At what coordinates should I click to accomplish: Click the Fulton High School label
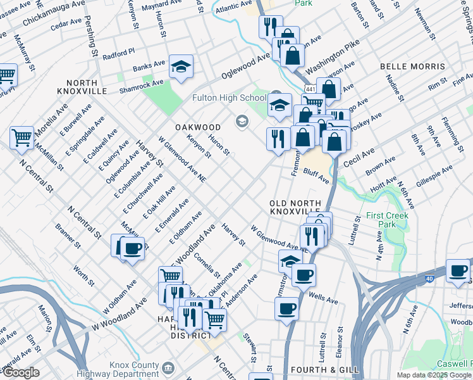pyautogui.click(x=230, y=98)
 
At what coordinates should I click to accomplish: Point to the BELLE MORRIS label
pyautogui.click(x=413, y=66)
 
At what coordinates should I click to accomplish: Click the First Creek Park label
pyautogui.click(x=387, y=220)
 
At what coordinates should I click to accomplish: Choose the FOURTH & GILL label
pyautogui.click(x=324, y=369)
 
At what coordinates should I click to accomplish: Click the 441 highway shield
pyautogui.click(x=309, y=89)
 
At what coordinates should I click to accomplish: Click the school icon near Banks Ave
pyautogui.click(x=181, y=67)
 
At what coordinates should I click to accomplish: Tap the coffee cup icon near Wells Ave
pyautogui.click(x=304, y=275)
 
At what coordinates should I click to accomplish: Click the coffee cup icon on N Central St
pyautogui.click(x=132, y=248)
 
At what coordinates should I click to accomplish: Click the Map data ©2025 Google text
pyautogui.click(x=434, y=375)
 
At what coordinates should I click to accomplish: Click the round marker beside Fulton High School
pyautogui.click(x=242, y=120)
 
